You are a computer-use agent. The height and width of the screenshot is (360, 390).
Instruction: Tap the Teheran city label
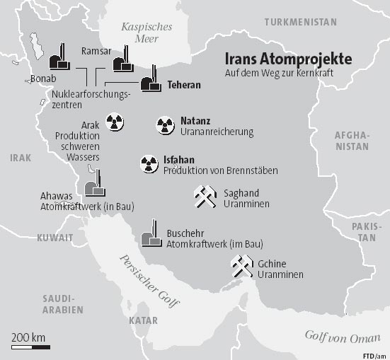coord(184,86)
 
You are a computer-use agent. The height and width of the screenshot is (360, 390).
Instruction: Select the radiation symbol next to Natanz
coord(165,126)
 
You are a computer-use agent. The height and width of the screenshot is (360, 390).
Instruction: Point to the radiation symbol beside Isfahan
coord(149,164)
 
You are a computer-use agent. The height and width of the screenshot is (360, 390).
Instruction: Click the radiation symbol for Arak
coord(115,122)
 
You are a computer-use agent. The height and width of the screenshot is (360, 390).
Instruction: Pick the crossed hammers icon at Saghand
coord(205,197)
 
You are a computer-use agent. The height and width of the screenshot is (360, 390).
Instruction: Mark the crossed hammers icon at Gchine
coord(241,267)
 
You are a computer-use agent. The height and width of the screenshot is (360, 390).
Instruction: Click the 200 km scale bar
coord(30,347)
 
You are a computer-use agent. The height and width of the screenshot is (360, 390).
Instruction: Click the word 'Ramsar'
coord(96,50)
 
